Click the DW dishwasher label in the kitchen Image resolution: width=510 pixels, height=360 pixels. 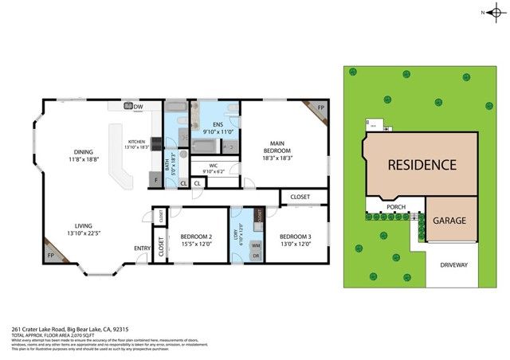(x=138, y=107)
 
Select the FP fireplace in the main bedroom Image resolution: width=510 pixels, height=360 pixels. (x=320, y=107)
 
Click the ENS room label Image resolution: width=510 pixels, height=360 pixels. (x=217, y=124)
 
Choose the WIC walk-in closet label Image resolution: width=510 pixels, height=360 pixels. (x=214, y=166)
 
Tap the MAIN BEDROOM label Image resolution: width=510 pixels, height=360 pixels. (x=277, y=147)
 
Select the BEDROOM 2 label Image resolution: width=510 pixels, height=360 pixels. (x=196, y=237)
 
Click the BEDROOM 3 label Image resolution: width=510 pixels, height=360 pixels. (x=295, y=237)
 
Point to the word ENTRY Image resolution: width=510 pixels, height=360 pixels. (x=142, y=248)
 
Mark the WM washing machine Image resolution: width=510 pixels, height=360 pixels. (x=256, y=246)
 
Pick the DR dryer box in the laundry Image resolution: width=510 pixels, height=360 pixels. (x=256, y=256)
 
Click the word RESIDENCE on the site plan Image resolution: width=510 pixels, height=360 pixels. (x=422, y=166)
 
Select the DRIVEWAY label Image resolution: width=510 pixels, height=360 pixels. (x=453, y=264)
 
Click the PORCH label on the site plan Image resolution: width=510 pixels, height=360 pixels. (x=396, y=207)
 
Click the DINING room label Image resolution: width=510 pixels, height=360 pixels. (x=84, y=153)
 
